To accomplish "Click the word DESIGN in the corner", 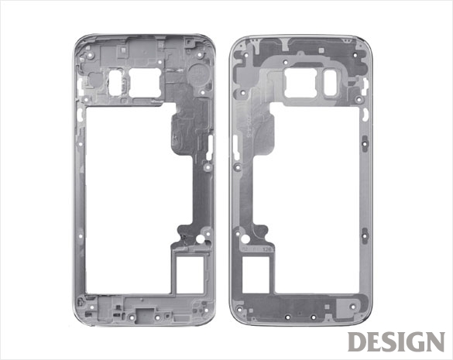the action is click(396, 341).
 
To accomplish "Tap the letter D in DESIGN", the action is click(357, 341).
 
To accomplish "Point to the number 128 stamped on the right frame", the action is click(266, 249).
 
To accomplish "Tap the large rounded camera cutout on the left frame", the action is click(145, 82).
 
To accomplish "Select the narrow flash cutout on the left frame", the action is click(115, 82).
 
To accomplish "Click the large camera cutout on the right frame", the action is click(300, 83).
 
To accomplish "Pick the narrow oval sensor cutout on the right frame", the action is click(331, 83).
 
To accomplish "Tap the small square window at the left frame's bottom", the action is click(190, 275).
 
